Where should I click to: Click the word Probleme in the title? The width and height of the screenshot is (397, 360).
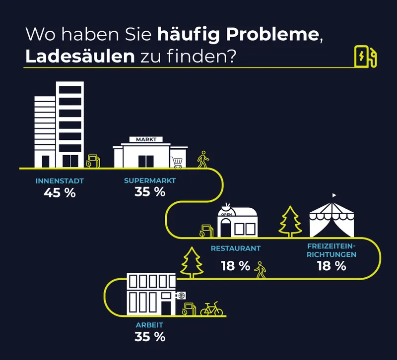[272, 35]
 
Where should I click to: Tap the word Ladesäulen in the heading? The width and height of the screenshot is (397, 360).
[80, 56]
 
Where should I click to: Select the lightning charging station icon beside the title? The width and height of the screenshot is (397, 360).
[365, 57]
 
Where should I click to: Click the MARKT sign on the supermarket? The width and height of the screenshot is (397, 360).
[146, 139]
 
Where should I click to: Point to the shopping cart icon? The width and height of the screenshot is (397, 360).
[177, 163]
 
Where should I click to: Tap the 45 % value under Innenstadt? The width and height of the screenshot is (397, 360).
[60, 193]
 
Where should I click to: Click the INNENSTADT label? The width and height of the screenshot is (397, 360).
[60, 181]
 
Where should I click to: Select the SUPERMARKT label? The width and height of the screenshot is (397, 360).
[150, 180]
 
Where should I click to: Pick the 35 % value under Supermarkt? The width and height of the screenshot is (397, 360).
[150, 192]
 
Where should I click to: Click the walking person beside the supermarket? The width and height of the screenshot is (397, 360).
[203, 159]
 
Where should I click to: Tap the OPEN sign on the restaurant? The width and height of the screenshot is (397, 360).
[226, 214]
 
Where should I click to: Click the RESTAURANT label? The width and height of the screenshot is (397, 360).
[236, 248]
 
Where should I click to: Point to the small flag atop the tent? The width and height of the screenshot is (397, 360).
[334, 195]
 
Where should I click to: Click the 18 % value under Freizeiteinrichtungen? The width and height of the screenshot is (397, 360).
[331, 266]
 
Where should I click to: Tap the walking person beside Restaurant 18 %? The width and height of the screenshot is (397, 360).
[260, 270]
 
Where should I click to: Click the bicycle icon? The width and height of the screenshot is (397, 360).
[212, 308]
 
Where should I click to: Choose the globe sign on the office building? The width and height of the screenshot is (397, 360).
[181, 296]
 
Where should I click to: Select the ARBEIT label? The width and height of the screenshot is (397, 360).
[150, 325]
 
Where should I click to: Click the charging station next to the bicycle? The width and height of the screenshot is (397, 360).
[189, 309]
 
